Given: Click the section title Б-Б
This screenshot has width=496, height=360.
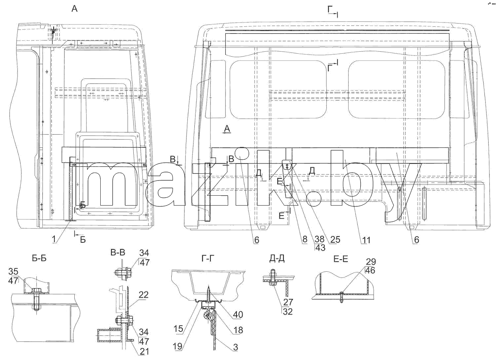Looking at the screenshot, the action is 39,258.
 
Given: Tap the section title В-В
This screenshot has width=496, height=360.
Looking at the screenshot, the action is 118,252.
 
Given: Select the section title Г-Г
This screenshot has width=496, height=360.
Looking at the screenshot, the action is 208,258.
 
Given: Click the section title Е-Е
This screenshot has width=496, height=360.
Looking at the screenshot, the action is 341,259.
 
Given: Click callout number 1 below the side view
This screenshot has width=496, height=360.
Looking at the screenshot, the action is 54,239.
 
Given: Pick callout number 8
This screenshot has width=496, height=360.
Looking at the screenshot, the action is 305,239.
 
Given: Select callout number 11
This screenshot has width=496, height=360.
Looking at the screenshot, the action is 366,240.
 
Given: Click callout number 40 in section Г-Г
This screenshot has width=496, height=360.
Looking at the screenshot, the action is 238,315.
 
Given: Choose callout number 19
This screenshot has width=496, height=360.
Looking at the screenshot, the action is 177,346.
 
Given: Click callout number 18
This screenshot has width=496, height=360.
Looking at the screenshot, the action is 238,330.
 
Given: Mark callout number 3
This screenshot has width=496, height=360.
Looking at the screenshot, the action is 236,347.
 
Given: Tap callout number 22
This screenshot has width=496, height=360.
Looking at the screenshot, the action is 144,295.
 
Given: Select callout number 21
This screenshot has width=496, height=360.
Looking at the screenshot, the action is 144,351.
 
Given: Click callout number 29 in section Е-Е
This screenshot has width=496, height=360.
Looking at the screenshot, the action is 371,262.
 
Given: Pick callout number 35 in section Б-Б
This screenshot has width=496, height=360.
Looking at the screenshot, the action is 14,271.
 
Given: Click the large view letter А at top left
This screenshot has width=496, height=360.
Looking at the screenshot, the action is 75,9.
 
